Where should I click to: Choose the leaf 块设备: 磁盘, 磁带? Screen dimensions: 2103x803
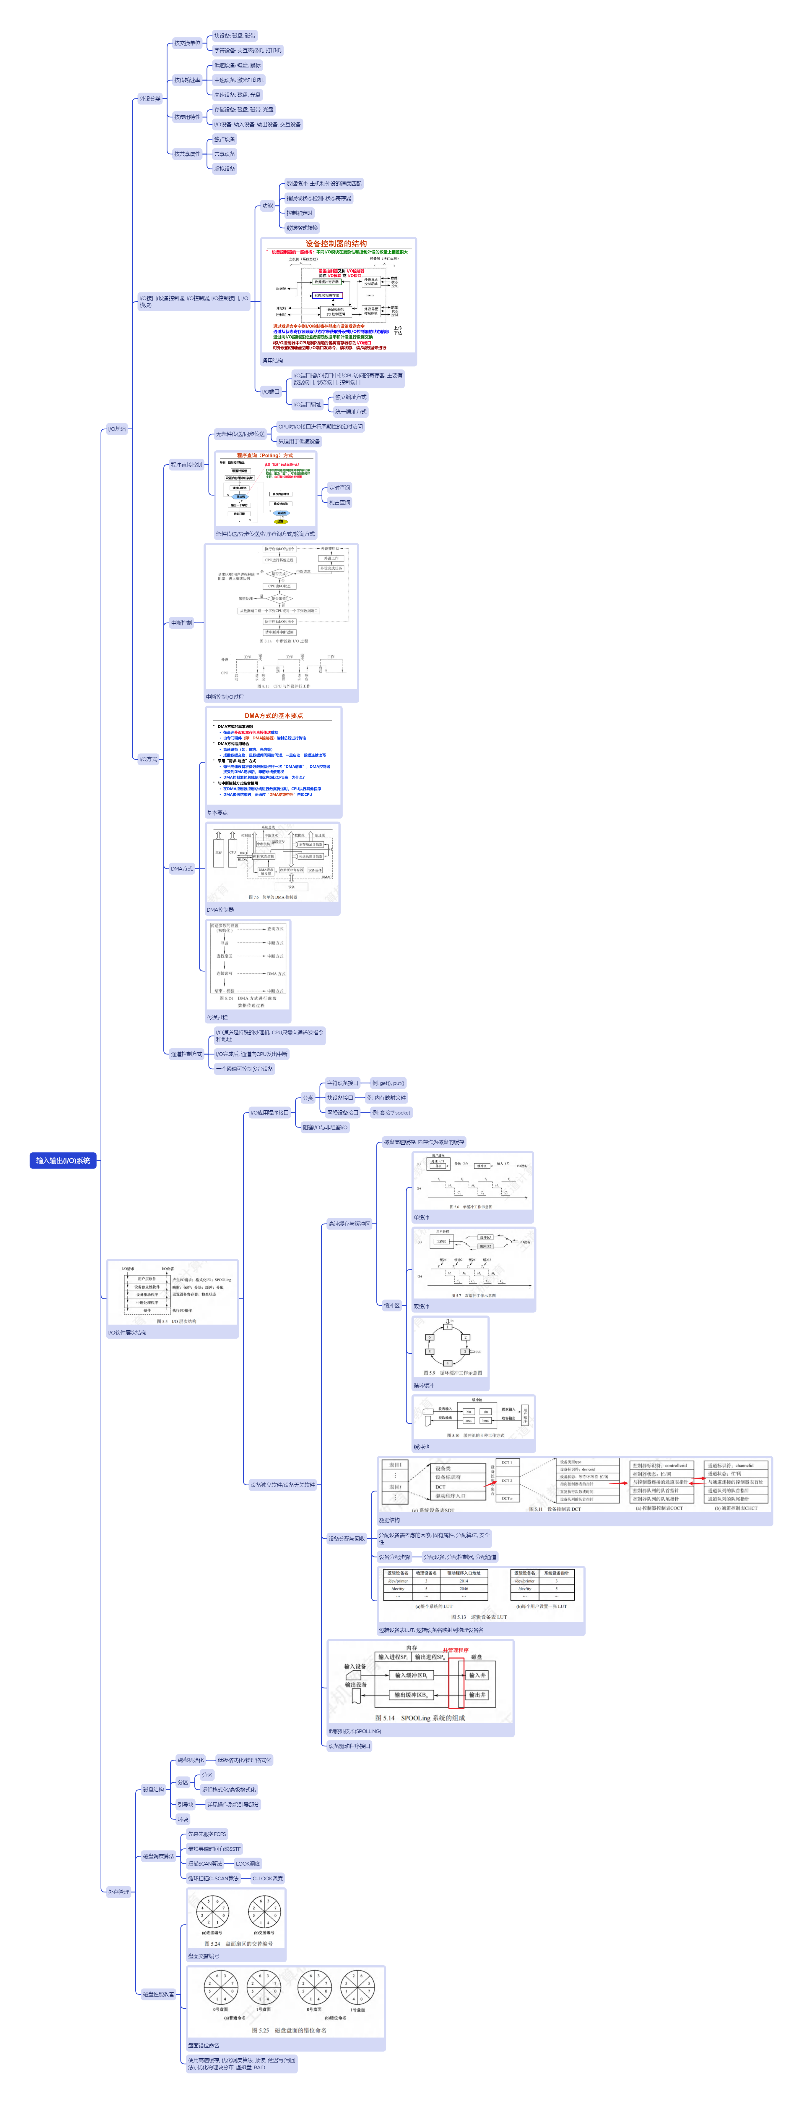[234, 36]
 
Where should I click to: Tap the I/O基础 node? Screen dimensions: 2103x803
[118, 428]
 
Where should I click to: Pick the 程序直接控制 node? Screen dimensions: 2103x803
[186, 465]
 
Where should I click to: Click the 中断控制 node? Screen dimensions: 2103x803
[181, 623]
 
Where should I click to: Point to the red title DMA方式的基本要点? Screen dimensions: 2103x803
[273, 715]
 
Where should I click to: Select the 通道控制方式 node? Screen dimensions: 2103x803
[186, 1054]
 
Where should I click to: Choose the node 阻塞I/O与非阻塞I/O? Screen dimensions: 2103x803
[325, 1127]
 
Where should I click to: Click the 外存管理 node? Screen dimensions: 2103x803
[118, 1892]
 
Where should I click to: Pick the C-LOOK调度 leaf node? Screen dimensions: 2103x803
[267, 1879]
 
